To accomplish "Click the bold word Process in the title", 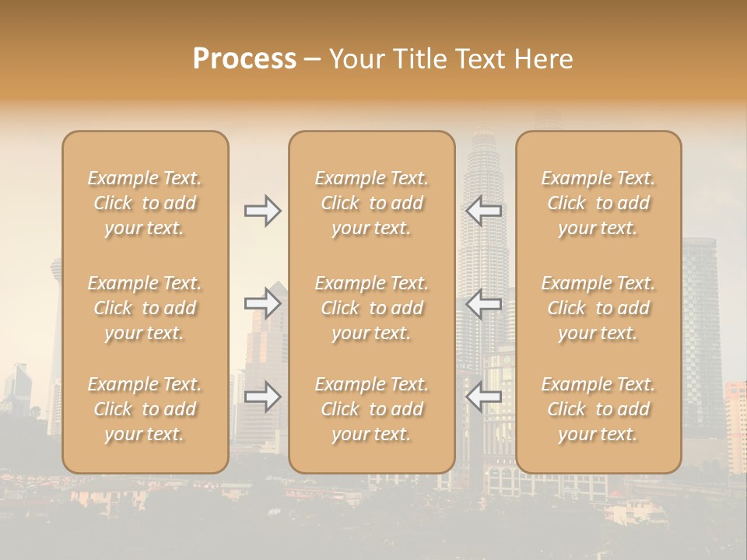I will point(244,59).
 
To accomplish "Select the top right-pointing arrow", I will point(263,211).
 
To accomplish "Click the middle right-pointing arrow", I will point(263,303).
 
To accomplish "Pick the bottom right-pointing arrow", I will point(263,397).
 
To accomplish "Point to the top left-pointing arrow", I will point(484,211).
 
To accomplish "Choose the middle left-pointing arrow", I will point(484,303).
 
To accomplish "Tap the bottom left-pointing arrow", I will point(484,397).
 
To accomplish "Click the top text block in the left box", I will point(145,203).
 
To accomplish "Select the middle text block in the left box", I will point(145,308).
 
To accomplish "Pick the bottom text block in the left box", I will point(145,409).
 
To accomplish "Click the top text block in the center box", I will point(372,203).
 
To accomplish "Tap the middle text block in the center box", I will point(372,308).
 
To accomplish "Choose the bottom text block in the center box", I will point(372,409).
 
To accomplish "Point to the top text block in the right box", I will point(598,203).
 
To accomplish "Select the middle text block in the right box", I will point(598,308).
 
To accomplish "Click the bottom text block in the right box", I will point(598,409).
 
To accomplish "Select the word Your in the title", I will point(354,59).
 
